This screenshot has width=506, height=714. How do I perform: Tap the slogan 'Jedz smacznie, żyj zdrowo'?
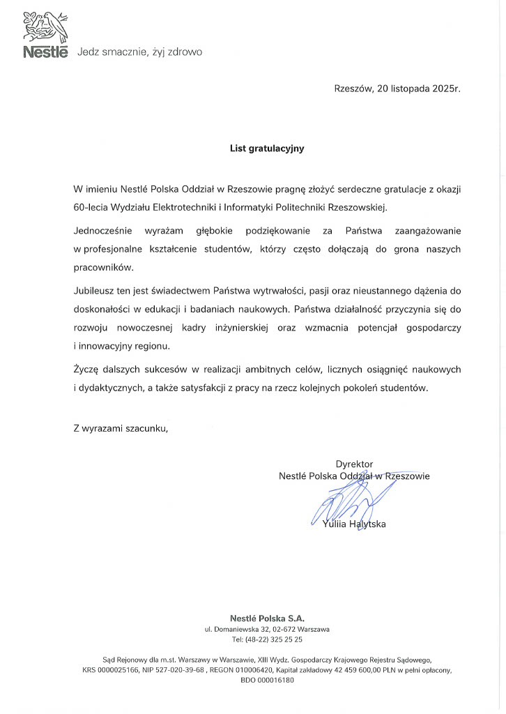pos(139,52)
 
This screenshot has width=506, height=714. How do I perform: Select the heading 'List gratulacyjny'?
pos(268,148)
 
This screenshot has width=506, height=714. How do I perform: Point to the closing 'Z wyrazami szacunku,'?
pos(121,428)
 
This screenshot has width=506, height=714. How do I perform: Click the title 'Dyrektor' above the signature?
pos(354,464)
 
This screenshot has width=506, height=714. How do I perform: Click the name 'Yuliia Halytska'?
pos(354,524)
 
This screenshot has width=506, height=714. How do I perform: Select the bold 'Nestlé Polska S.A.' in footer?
pos(267,618)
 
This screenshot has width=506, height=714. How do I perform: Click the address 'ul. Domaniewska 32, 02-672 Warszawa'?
pos(267,629)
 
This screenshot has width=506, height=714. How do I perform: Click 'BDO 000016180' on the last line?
pos(267,681)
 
